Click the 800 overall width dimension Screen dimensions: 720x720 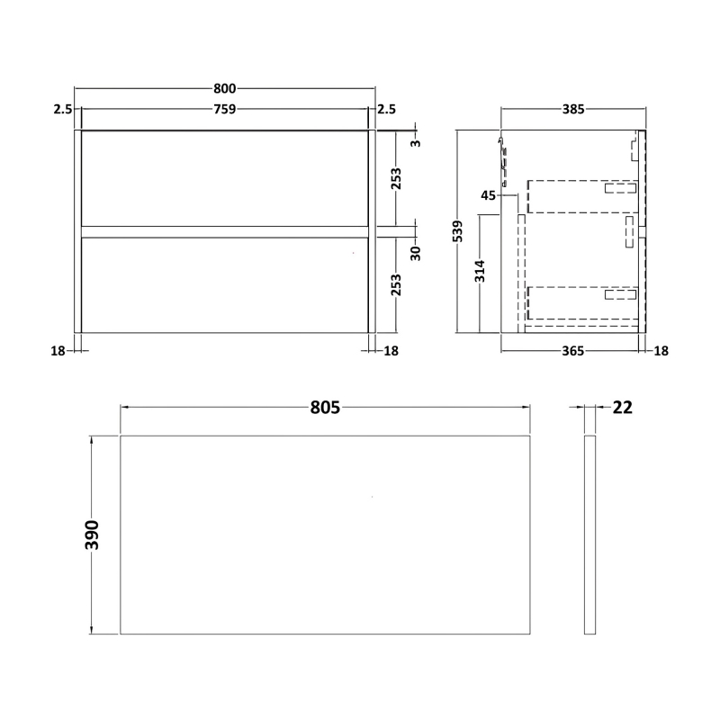(x=224, y=88)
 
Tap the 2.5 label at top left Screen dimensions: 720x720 (x=62, y=110)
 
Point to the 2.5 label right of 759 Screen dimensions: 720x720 (x=386, y=110)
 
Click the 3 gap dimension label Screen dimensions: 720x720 (x=415, y=142)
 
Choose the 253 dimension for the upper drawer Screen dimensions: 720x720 (x=396, y=178)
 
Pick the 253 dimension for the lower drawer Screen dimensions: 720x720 (x=396, y=284)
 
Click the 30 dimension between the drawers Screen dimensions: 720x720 (x=415, y=252)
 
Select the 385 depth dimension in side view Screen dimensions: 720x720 (x=573, y=110)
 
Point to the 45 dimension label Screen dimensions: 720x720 (x=489, y=195)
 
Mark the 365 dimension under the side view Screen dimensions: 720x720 (x=573, y=351)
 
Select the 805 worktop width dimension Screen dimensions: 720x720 (x=325, y=408)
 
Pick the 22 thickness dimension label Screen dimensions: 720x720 (x=623, y=408)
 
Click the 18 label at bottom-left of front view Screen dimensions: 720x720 (x=60, y=351)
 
